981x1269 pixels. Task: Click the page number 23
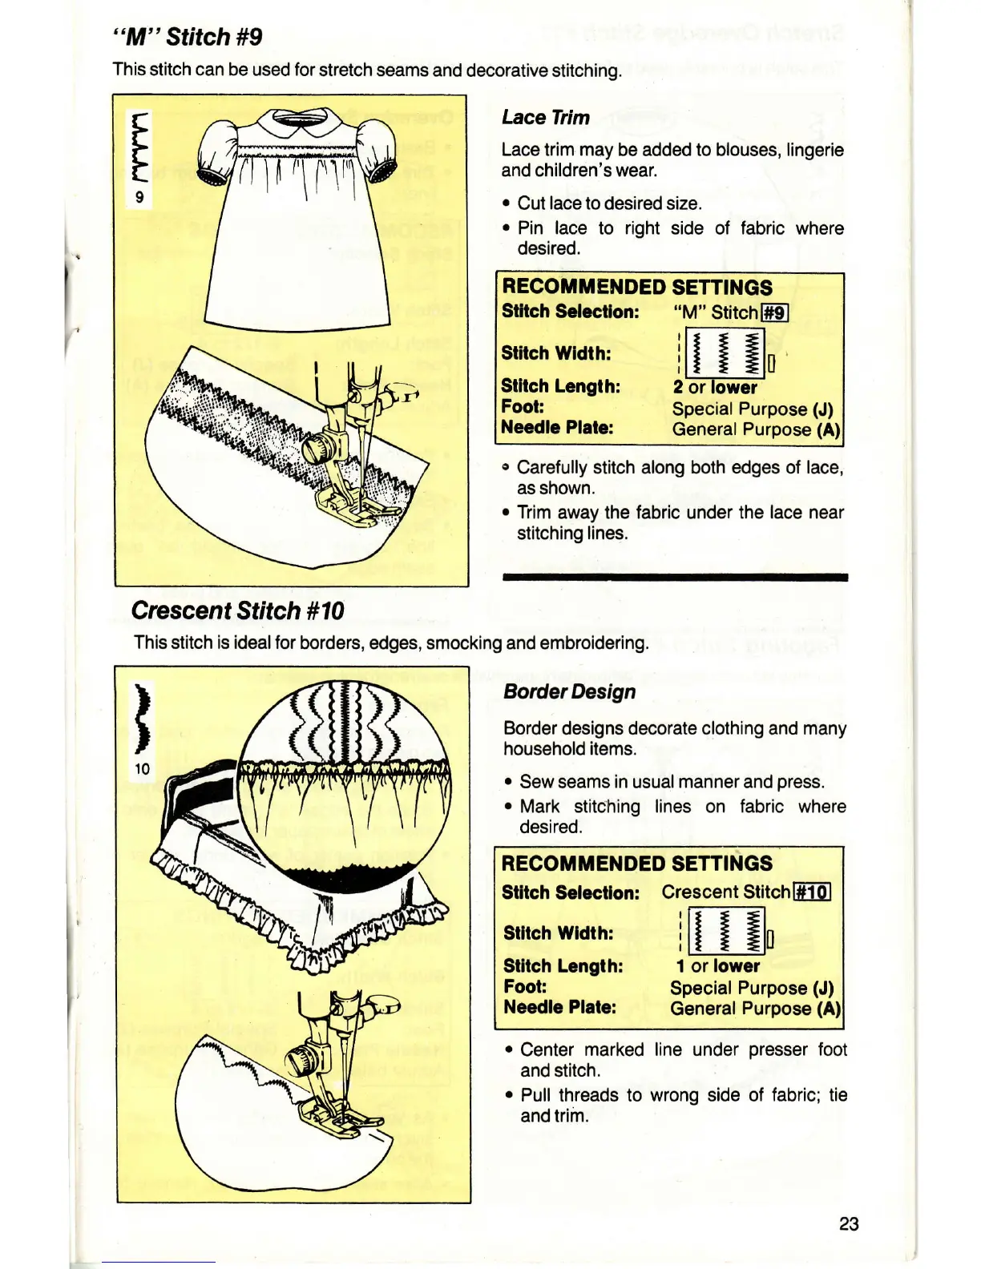(849, 1223)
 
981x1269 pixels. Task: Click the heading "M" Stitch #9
(188, 37)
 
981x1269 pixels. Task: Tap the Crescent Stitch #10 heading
(237, 610)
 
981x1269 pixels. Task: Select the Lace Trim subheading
(545, 117)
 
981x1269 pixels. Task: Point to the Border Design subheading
(569, 691)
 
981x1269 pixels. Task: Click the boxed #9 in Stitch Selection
(774, 312)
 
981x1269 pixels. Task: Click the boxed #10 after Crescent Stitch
(812, 892)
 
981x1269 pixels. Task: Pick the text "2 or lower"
(715, 388)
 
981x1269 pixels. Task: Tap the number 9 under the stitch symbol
(139, 196)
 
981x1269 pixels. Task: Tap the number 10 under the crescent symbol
(142, 769)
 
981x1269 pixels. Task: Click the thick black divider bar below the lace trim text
(674, 577)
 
